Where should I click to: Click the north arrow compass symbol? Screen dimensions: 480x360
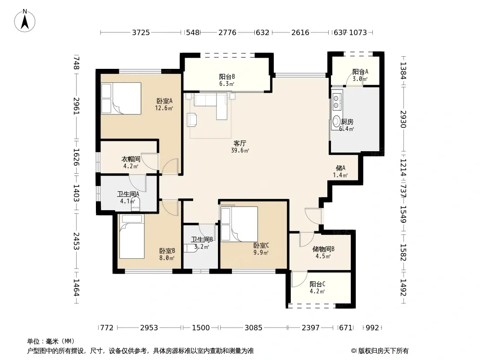(24, 21)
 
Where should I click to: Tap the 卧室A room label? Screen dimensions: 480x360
(164, 101)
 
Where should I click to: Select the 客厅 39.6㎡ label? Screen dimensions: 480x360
(240, 147)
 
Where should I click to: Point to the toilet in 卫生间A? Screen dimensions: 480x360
(135, 204)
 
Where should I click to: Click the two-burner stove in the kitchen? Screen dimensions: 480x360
(336, 102)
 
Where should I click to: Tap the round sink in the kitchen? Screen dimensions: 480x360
(337, 121)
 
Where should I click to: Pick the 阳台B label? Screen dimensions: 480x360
(227, 77)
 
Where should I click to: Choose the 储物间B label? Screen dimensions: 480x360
(323, 249)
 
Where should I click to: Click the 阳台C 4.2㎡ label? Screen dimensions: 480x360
(317, 288)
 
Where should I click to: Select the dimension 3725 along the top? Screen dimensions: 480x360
(141, 32)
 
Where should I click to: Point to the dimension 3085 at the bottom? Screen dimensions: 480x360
(253, 328)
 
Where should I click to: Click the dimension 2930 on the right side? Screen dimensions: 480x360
(403, 119)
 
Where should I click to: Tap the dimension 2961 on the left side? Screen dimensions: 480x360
(76, 106)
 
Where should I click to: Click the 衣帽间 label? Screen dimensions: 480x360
(131, 159)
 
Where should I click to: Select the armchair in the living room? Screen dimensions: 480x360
(192, 119)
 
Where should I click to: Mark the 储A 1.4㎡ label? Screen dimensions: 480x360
(340, 171)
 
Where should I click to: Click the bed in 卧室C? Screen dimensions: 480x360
(239, 224)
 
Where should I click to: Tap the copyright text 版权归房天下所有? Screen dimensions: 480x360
(383, 351)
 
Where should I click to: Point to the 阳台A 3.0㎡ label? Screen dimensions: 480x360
(360, 75)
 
